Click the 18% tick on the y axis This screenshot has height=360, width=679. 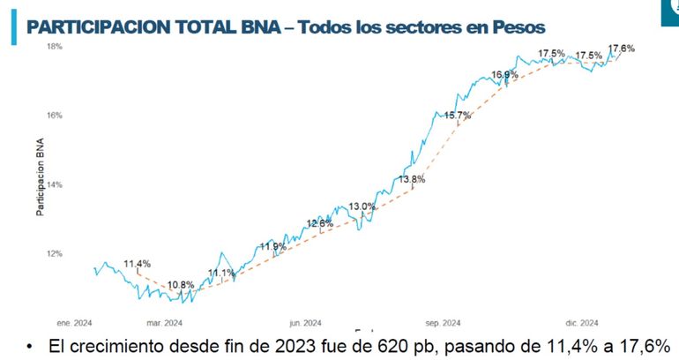click(54, 45)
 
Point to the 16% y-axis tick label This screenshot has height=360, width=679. click(54, 115)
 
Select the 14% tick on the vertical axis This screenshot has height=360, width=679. click(54, 184)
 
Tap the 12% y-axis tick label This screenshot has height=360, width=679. click(54, 254)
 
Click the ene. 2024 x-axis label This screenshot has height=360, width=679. click(74, 323)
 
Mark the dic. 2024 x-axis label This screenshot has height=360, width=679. click(582, 323)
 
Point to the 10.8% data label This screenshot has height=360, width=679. click(181, 285)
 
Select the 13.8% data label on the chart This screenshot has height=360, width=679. click(412, 180)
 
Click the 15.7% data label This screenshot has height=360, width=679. click(459, 116)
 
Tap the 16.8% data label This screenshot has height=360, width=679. click(504, 75)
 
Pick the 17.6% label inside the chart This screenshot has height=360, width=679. click(621, 49)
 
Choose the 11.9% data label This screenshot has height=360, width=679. click(272, 246)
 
